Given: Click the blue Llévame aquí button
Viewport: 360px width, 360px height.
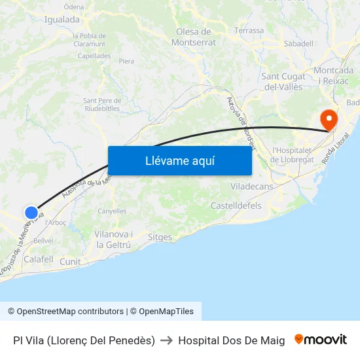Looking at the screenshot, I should (x=179, y=160).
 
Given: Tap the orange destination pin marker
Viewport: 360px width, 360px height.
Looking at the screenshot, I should (x=327, y=119).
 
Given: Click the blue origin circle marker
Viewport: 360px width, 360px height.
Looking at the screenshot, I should (x=31, y=212).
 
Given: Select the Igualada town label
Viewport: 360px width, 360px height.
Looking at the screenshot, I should (x=62, y=20).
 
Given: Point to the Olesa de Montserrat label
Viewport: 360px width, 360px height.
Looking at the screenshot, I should (x=193, y=37).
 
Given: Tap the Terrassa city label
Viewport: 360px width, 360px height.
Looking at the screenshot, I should (x=249, y=30).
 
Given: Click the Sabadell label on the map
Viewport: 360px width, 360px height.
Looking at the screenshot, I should (x=298, y=43).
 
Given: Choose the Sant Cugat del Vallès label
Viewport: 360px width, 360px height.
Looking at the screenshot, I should (x=283, y=81).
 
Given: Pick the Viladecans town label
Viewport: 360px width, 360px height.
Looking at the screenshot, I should (x=252, y=187).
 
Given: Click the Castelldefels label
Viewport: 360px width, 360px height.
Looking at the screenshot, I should (x=236, y=206).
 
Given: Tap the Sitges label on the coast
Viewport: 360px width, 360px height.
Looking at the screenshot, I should (x=160, y=237).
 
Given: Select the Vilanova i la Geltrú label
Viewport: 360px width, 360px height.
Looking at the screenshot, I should (x=114, y=240).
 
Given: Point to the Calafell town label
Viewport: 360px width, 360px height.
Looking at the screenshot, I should (x=38, y=259).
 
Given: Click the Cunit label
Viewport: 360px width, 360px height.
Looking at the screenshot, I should (x=70, y=262).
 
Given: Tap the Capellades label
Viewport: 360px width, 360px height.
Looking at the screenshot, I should (x=94, y=56).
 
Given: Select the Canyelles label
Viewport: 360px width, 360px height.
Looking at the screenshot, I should (x=112, y=211).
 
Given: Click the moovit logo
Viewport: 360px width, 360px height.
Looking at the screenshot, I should (x=321, y=340).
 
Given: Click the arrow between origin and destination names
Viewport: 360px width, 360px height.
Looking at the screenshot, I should (x=166, y=340).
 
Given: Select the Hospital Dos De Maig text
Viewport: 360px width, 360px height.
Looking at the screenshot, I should (x=231, y=340).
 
